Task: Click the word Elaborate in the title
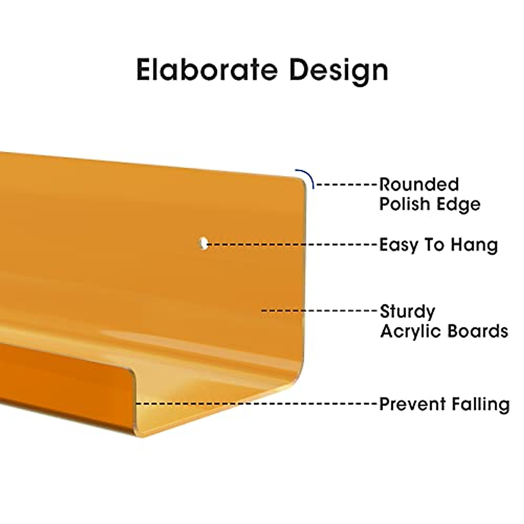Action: pos(207,69)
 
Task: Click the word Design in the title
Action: pos(339,72)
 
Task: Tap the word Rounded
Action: pos(419,184)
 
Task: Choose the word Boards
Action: pos(478,331)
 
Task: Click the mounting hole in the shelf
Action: pos(203,243)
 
